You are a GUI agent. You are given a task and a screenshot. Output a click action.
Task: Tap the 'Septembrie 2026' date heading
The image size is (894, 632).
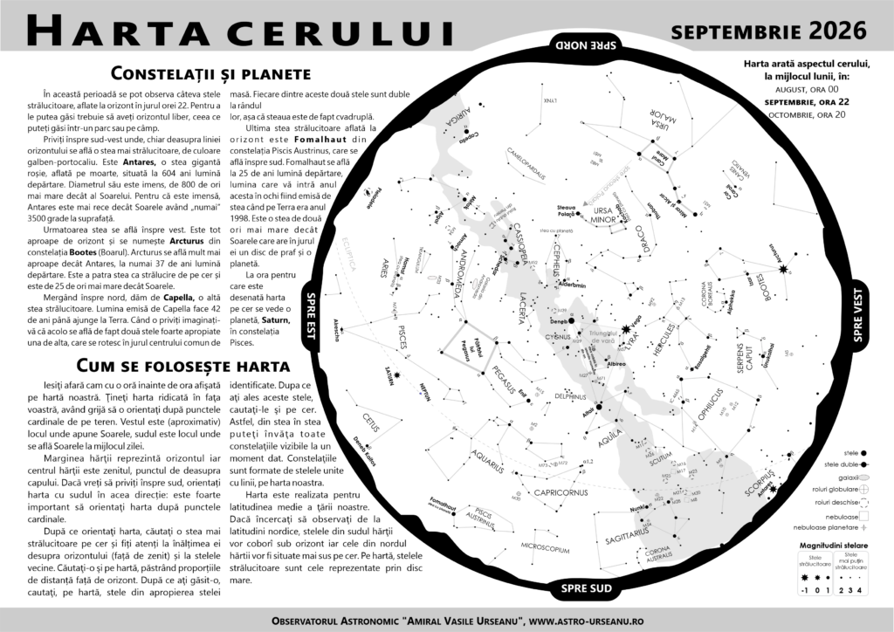769,31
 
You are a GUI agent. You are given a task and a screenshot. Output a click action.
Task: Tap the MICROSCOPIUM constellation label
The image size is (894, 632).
544,550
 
